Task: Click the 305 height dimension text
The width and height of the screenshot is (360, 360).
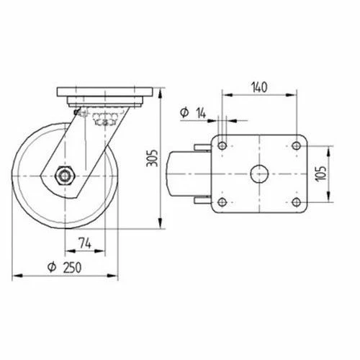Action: click(152, 158)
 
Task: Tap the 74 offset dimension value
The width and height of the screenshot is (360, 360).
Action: click(85, 243)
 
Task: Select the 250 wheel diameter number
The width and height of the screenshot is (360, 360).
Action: click(72, 268)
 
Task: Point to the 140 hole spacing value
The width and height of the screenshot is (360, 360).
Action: click(259, 87)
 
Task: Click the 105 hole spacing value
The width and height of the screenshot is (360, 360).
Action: click(321, 174)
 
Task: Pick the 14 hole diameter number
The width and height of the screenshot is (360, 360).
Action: click(201, 113)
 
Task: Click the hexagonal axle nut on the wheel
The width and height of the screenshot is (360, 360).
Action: click(65, 176)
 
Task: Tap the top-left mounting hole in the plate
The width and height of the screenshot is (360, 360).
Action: click(222, 145)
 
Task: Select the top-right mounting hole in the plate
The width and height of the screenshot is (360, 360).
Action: click(297, 145)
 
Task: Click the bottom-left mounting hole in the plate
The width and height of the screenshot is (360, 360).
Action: click(222, 202)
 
